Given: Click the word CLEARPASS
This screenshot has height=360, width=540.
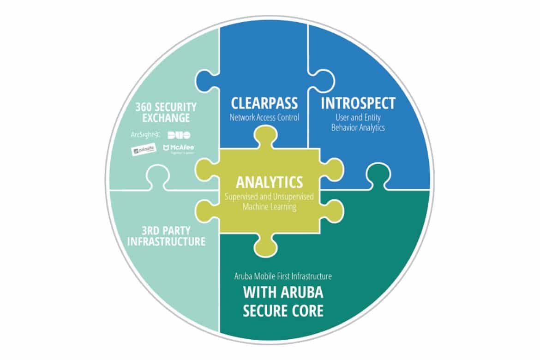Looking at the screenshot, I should coord(264,103).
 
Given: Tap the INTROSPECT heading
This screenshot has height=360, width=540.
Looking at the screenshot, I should coord(358,103).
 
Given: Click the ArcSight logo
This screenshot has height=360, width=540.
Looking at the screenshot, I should coord(144,135).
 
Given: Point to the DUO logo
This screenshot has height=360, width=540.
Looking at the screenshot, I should coord(179,135).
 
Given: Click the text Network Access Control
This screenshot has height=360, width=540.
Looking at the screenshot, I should coord(264,117).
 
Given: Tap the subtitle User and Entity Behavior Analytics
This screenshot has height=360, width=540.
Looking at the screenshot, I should coord(358,122).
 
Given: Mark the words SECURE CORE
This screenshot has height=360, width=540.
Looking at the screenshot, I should coord(283,310).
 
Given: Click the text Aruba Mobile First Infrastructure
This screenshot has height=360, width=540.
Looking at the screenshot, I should coord(283,276).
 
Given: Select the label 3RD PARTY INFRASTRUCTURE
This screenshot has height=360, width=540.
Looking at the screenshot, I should coord(166,235).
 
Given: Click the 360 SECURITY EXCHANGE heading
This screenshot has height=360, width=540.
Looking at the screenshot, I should coord(166,112).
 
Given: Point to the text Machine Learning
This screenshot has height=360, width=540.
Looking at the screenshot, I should coord(270,207).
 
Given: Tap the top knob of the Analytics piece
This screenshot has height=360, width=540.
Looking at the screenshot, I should coord(269,138).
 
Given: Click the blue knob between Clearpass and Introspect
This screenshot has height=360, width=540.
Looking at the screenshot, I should coord(324,81).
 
